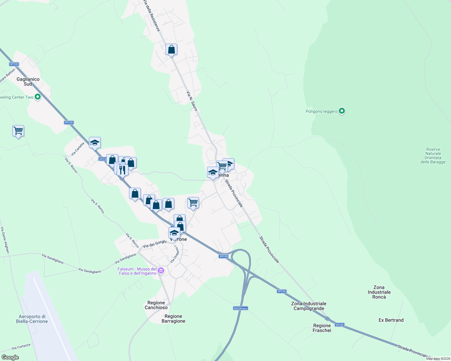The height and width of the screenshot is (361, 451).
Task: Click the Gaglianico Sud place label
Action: pyautogui.click(x=28, y=82)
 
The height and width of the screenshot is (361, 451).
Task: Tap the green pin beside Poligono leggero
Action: pyautogui.click(x=342, y=111)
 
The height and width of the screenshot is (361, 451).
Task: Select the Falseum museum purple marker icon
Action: pyautogui.click(x=161, y=271)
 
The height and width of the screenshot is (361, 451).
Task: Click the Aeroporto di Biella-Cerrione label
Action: pyautogui.click(x=32, y=319)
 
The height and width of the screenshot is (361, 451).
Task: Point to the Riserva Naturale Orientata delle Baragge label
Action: pyautogui.click(x=433, y=156)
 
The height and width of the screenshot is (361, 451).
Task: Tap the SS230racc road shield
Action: pyautogui.click(x=241, y=308)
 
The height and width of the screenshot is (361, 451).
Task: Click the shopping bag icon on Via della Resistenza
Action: pyautogui.click(x=171, y=50)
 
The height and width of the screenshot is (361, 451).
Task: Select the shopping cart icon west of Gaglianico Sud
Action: pyautogui.click(x=18, y=131)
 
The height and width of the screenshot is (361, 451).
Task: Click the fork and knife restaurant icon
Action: pyautogui.click(x=122, y=170)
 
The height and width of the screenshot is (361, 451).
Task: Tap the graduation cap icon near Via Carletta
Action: pyautogui.click(x=95, y=143)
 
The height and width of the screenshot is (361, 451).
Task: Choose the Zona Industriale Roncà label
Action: pyautogui.click(x=379, y=292)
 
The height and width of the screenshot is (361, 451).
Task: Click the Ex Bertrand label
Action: pyautogui.click(x=391, y=320)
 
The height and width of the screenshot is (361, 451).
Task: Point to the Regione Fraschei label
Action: pyautogui.click(x=322, y=328)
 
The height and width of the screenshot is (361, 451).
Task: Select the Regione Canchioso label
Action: pyautogui.click(x=156, y=305)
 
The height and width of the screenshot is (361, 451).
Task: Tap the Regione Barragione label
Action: pyautogui.click(x=173, y=319)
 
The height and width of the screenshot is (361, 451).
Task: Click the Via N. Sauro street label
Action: pyautogui.click(x=192, y=101)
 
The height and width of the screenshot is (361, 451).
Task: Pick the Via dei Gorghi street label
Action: pyautogui.click(x=155, y=244)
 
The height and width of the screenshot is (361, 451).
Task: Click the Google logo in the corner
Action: pyautogui.click(x=10, y=357)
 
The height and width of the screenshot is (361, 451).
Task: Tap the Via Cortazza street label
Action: pyautogui.click(x=21, y=347)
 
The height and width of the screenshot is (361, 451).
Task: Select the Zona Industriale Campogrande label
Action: pyautogui.click(x=309, y=306)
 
